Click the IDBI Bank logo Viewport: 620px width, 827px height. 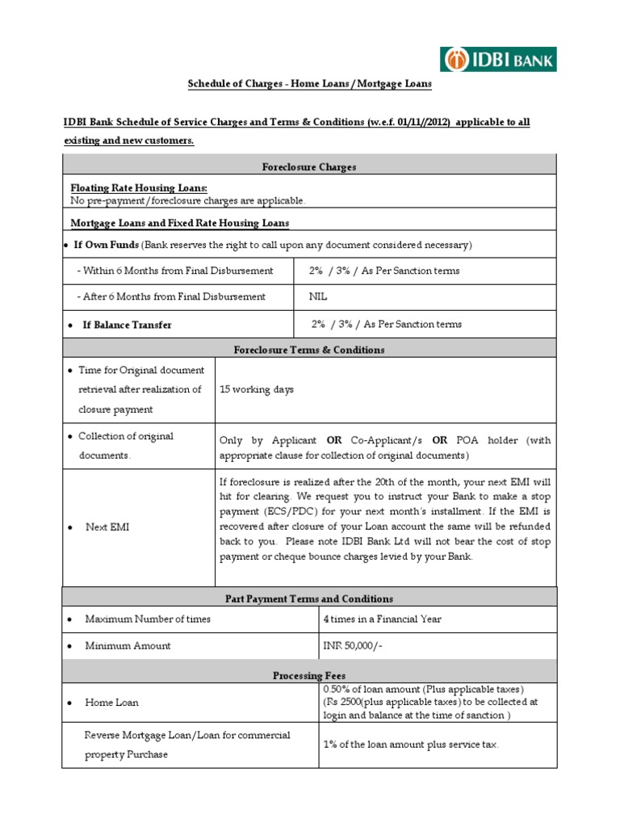(x=498, y=59)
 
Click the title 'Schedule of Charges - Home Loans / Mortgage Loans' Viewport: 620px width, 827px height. (x=310, y=84)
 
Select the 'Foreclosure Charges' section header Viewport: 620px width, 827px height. (x=309, y=167)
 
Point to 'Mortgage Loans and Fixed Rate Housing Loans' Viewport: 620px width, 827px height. (x=180, y=222)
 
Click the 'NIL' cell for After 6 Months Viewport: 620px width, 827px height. (x=318, y=296)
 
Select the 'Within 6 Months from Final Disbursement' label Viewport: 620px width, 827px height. (x=174, y=271)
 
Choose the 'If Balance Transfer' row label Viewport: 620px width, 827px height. (x=127, y=325)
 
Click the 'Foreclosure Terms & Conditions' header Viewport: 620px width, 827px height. (x=309, y=350)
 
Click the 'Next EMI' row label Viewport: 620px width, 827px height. (x=107, y=527)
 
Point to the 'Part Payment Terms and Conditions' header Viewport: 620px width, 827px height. (x=309, y=598)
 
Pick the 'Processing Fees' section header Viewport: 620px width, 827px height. (x=309, y=674)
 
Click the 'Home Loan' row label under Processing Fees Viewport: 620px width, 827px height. (x=111, y=703)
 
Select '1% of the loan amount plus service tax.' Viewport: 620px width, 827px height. (x=411, y=745)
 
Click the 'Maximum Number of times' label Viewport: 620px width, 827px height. (x=148, y=619)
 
